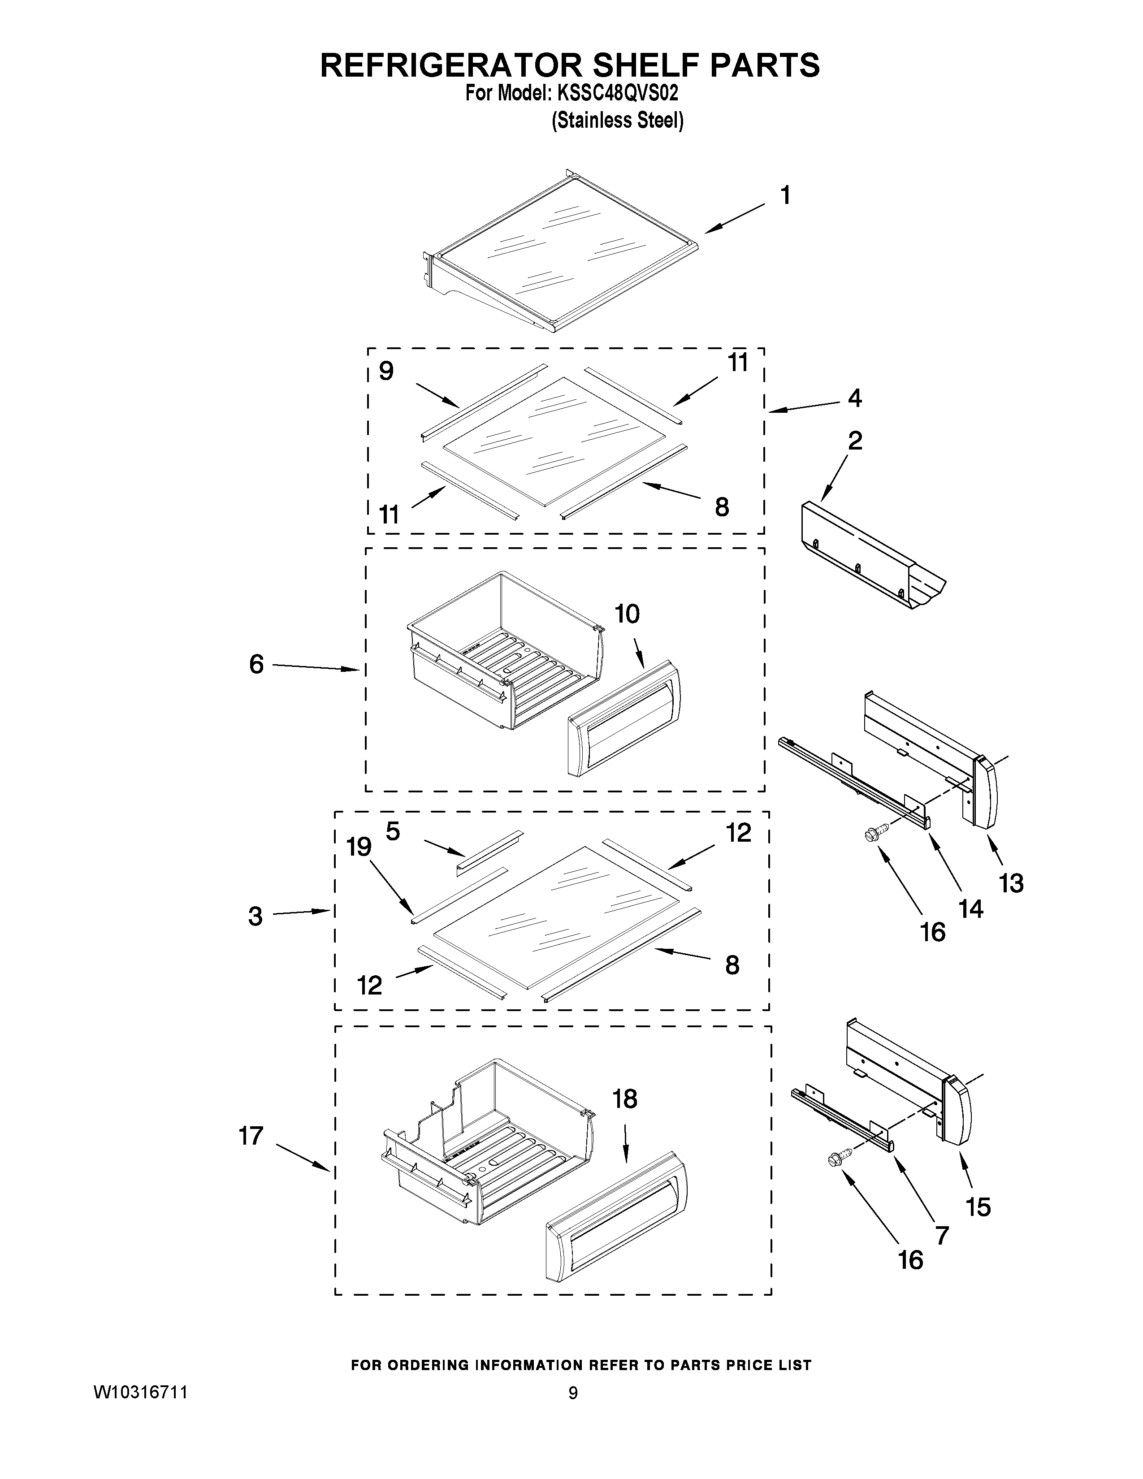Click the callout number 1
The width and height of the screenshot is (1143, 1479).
785,196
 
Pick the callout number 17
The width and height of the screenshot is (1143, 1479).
251,1136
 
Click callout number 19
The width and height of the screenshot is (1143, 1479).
359,847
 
